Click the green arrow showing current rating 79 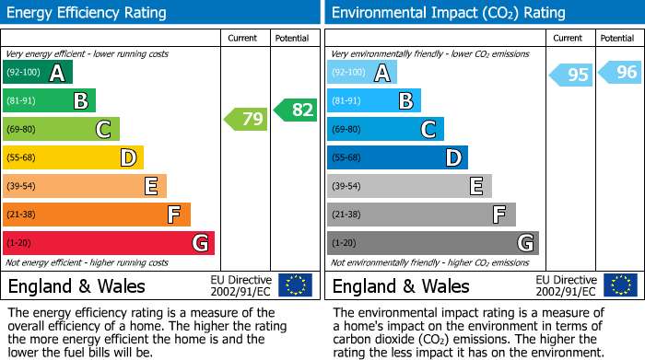[246, 119]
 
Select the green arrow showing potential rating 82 [296, 110]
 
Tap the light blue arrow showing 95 [571, 75]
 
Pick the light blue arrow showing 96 [620, 73]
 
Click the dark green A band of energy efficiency [38, 72]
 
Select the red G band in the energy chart [109, 243]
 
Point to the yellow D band [73, 157]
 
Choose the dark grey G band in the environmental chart [433, 243]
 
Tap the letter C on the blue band [428, 129]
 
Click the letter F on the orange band [173, 215]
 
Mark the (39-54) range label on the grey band [346, 186]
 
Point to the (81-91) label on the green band [21, 100]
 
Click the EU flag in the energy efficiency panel [296, 285]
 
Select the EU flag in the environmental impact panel [621, 285]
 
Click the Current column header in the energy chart [242, 39]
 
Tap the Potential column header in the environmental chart [617, 39]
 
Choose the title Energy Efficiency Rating [87, 13]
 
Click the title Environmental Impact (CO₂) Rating [449, 13]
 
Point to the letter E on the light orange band [151, 186]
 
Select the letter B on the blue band [406, 100]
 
